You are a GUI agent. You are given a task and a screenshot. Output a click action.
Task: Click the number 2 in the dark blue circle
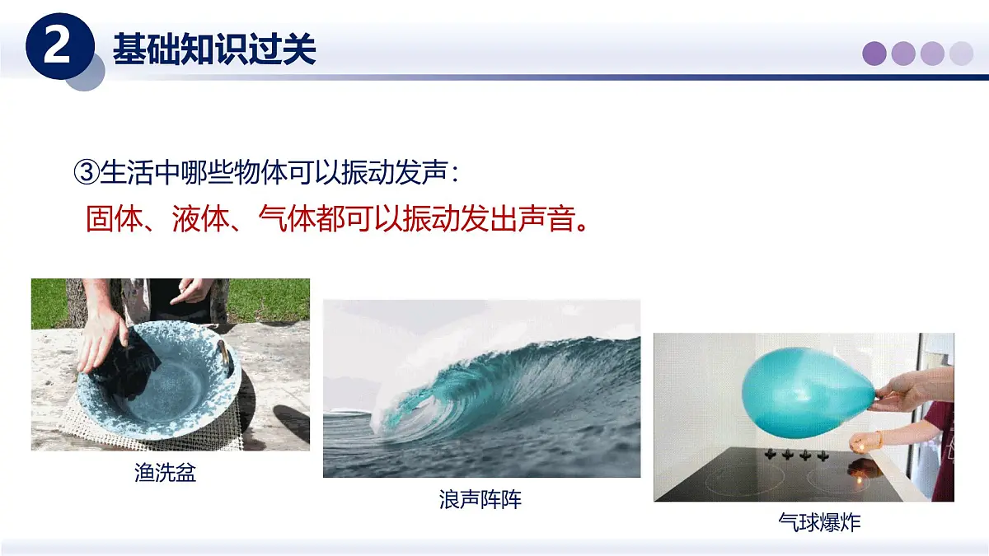point(56,48)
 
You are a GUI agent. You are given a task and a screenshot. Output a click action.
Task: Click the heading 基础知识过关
point(214,49)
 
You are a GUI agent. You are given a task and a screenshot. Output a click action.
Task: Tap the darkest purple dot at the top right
point(874,54)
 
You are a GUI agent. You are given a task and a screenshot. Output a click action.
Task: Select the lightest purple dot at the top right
point(961,54)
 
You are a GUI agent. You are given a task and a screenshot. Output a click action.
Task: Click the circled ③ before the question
point(87,173)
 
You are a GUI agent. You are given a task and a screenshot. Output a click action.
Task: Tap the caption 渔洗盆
point(166,473)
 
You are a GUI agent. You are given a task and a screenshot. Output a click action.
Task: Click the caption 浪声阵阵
point(480,499)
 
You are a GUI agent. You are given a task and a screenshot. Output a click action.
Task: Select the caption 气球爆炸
point(819,522)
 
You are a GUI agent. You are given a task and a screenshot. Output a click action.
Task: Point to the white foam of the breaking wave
point(387,412)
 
